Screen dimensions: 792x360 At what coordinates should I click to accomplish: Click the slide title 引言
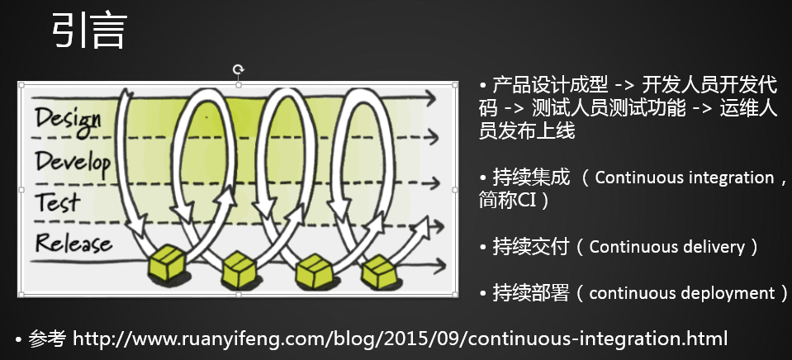[x=88, y=32]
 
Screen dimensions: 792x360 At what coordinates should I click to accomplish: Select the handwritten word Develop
[x=73, y=160]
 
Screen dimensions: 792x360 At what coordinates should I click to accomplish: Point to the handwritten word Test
[x=57, y=201]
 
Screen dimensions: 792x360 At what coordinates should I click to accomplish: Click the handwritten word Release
[x=74, y=244]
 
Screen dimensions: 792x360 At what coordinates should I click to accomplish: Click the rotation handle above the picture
[x=239, y=69]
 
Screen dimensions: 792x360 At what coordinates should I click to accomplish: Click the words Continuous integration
[x=684, y=177]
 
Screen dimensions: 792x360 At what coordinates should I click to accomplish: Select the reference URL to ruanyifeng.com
[x=400, y=338]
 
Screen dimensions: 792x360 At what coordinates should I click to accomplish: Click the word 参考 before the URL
[x=47, y=338]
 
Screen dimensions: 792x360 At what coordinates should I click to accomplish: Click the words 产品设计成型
[x=550, y=85]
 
